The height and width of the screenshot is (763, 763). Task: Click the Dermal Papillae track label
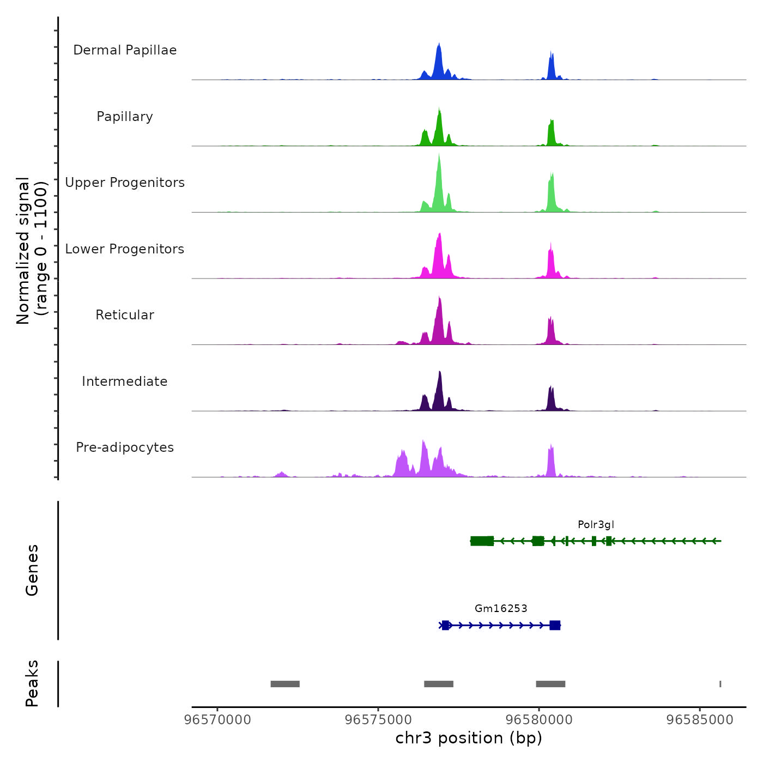coord(125,50)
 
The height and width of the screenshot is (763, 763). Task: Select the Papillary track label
coord(125,117)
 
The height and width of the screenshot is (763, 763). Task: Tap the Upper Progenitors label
coord(125,183)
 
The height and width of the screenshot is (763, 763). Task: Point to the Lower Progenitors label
coord(125,249)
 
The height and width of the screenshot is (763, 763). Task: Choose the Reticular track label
coord(125,315)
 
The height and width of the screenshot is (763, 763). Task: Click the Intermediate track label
coord(125,381)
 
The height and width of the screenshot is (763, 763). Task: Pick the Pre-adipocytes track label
coord(125,447)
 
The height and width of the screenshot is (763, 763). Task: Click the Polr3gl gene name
coord(596,525)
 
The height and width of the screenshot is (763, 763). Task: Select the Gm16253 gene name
coord(501,609)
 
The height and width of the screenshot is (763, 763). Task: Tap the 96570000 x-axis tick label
coord(217,720)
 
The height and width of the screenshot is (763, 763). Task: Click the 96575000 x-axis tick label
coord(378,720)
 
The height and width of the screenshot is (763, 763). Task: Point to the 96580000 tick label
coord(539,720)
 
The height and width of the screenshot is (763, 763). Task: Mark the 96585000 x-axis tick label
coord(700,720)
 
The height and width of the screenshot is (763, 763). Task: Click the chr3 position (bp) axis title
coord(469,738)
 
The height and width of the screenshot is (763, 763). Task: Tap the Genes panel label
coord(32,570)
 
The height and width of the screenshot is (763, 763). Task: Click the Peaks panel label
coord(32,683)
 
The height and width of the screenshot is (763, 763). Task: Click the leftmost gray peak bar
coord(285,684)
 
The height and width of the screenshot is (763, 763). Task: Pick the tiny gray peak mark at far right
coord(720,684)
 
